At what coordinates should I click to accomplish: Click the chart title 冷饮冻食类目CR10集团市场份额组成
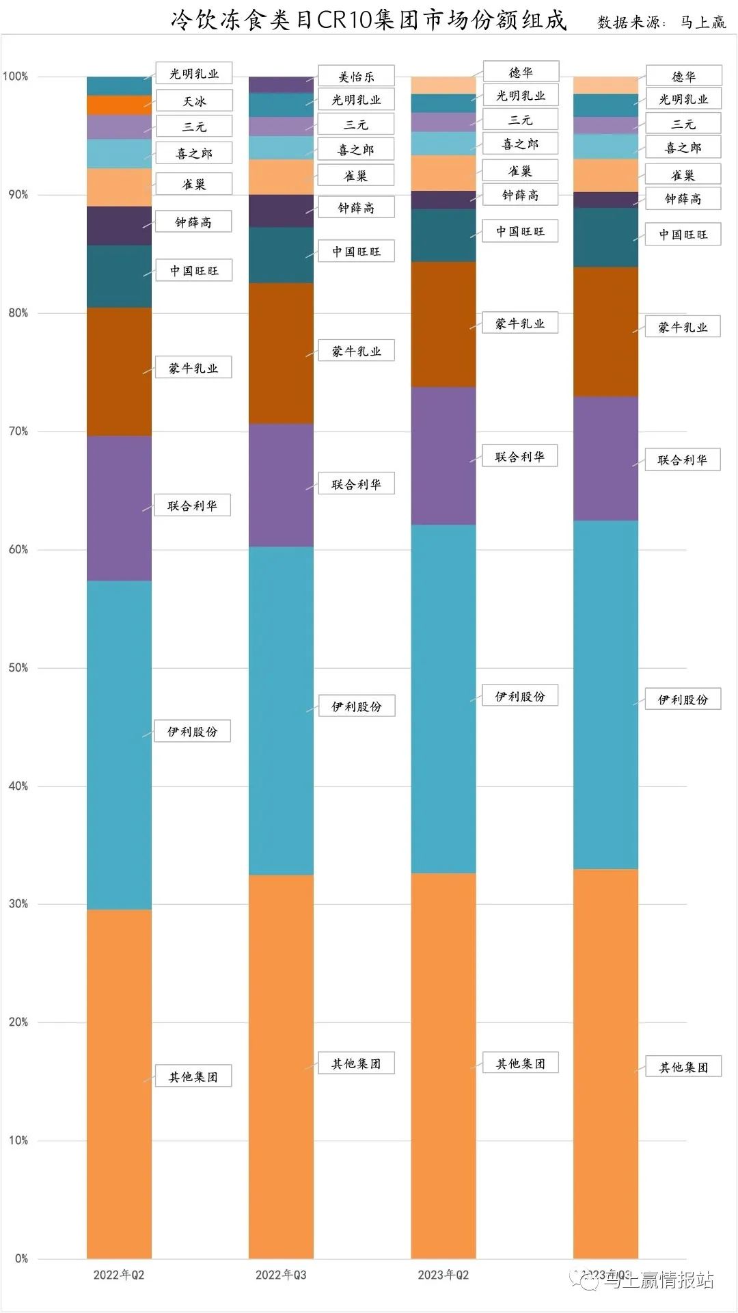369,21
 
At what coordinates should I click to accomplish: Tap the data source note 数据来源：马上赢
661,23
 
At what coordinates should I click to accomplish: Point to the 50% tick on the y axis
18,667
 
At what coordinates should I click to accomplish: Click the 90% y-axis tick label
18,195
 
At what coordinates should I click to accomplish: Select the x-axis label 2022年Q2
119,1275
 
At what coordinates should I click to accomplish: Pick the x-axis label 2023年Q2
443,1275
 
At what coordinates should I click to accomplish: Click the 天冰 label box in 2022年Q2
194,101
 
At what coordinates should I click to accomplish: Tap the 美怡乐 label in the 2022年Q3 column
356,77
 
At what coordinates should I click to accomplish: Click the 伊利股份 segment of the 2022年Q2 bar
119,745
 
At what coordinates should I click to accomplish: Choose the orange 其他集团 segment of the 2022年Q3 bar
281,1067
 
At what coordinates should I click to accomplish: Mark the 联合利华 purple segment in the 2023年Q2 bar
443,456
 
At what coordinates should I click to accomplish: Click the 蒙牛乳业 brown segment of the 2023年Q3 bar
605,332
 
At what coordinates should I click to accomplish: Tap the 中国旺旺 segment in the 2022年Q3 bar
281,255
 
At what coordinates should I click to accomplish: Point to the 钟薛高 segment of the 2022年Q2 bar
119,226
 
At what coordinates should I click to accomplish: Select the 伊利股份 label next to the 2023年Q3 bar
683,699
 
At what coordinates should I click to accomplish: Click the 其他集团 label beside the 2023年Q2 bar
521,1063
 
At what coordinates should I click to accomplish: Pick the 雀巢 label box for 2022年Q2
194,184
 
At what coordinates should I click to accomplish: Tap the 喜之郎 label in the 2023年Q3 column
683,148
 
